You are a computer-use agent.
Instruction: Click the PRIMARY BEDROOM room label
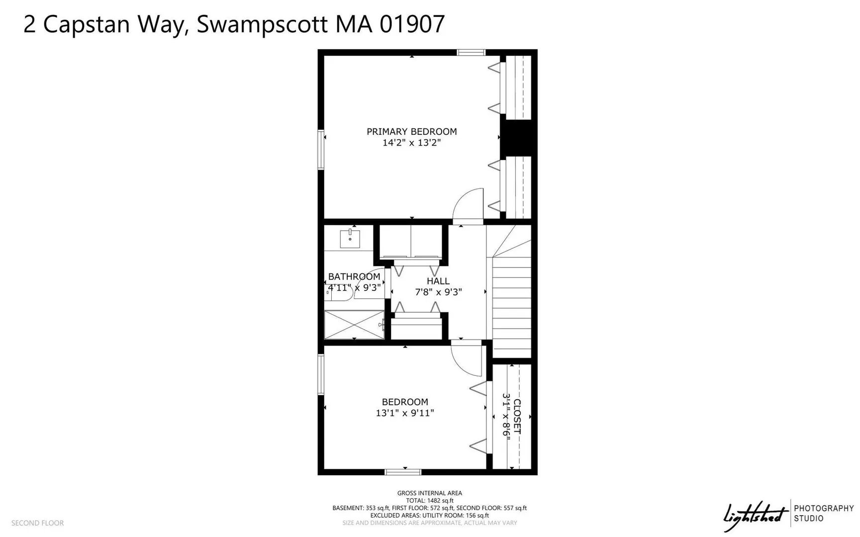click(411, 132)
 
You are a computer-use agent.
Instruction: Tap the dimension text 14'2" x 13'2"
click(411, 143)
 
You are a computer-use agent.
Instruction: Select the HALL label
click(438, 281)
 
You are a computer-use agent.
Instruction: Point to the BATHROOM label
click(354, 276)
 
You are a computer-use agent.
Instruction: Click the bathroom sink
click(350, 239)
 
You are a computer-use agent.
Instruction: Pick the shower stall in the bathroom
click(354, 325)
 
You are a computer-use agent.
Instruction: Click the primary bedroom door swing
click(468, 205)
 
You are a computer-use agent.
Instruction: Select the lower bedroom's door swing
click(467, 359)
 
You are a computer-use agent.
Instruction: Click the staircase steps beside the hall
click(512, 307)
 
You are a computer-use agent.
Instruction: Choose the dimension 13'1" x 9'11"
click(405, 413)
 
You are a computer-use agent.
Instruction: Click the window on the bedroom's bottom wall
click(403, 472)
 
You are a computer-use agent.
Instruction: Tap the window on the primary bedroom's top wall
click(472, 52)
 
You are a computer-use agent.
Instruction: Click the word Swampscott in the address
click(262, 24)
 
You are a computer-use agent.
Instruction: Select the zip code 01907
click(412, 24)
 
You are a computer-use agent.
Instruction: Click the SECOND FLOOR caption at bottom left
click(38, 523)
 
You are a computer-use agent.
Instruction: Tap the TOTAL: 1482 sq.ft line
click(430, 501)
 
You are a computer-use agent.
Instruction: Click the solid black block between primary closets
click(518, 137)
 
